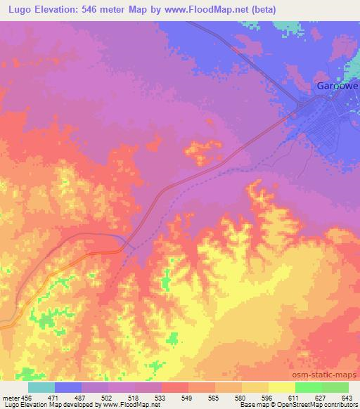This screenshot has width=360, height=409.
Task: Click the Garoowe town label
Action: [336, 86]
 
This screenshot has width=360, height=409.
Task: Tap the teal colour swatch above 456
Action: [41, 387]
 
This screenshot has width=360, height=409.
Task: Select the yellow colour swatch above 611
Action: [282, 387]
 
